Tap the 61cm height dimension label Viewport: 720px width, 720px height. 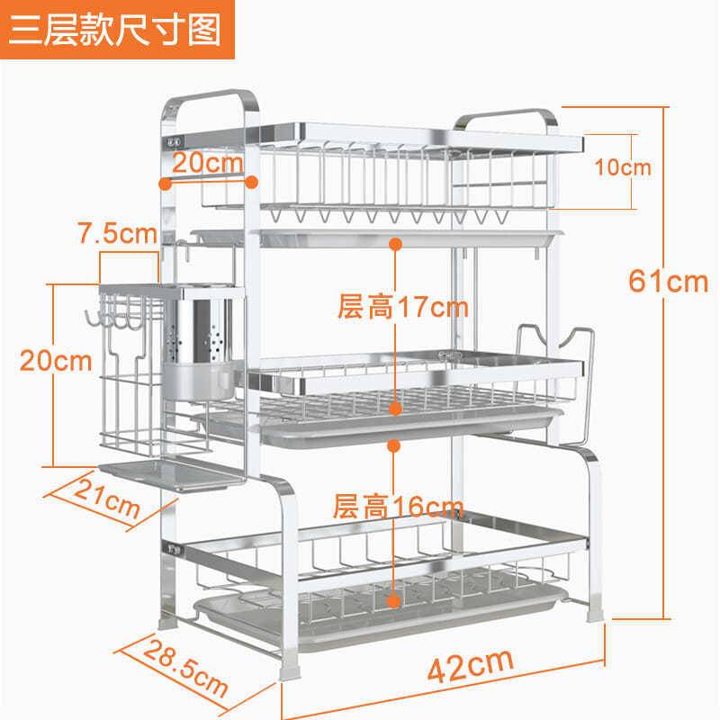[668, 281]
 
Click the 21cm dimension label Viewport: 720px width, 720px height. [105, 505]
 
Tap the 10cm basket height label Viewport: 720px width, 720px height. [623, 167]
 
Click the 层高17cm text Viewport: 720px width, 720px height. [402, 308]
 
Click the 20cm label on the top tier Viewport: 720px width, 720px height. [208, 163]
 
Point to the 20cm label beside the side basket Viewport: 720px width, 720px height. [57, 361]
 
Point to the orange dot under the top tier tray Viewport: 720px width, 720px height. [394, 243]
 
